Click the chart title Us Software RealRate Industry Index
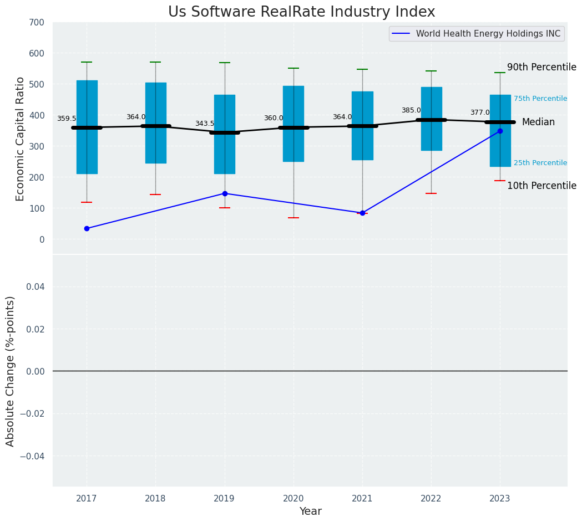point(301,12)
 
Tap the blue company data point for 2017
point(87,228)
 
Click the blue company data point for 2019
point(225,193)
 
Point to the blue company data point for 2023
point(500,131)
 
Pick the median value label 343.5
point(204,124)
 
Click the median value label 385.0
point(411,110)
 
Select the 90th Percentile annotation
point(541,67)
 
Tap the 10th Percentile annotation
point(541,186)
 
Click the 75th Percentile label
point(540,99)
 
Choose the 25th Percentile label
point(540,163)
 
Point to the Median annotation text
point(538,122)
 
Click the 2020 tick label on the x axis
point(293,499)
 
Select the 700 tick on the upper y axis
point(37,23)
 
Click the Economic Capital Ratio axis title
point(21,139)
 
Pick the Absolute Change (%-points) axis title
point(11,371)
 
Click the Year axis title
point(310,511)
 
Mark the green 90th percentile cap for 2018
point(155,62)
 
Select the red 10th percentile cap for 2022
point(431,193)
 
